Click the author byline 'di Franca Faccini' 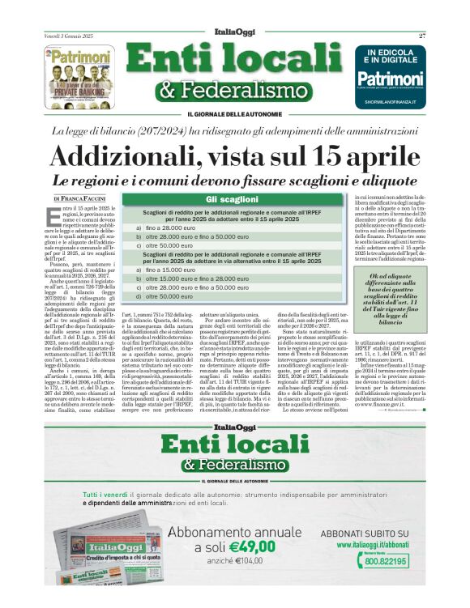(x=78, y=198)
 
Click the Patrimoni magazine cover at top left (x=79, y=71)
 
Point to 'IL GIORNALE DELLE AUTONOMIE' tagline (x=234, y=113)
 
